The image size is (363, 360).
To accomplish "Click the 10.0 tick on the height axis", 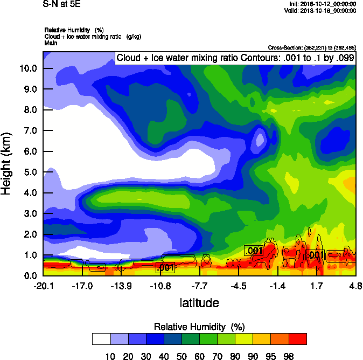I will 28,68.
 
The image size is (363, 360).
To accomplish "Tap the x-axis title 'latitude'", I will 199,303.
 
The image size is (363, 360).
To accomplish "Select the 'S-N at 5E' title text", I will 59,4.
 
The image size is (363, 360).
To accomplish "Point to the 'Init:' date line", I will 323,4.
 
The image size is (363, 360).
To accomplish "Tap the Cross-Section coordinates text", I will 312,47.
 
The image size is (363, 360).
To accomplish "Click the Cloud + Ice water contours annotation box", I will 235,58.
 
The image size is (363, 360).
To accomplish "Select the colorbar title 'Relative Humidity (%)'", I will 200,327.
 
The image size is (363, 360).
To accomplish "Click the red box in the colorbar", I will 298,339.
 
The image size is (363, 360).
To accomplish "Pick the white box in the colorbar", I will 101,339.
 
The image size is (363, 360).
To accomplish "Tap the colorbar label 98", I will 289,356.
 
